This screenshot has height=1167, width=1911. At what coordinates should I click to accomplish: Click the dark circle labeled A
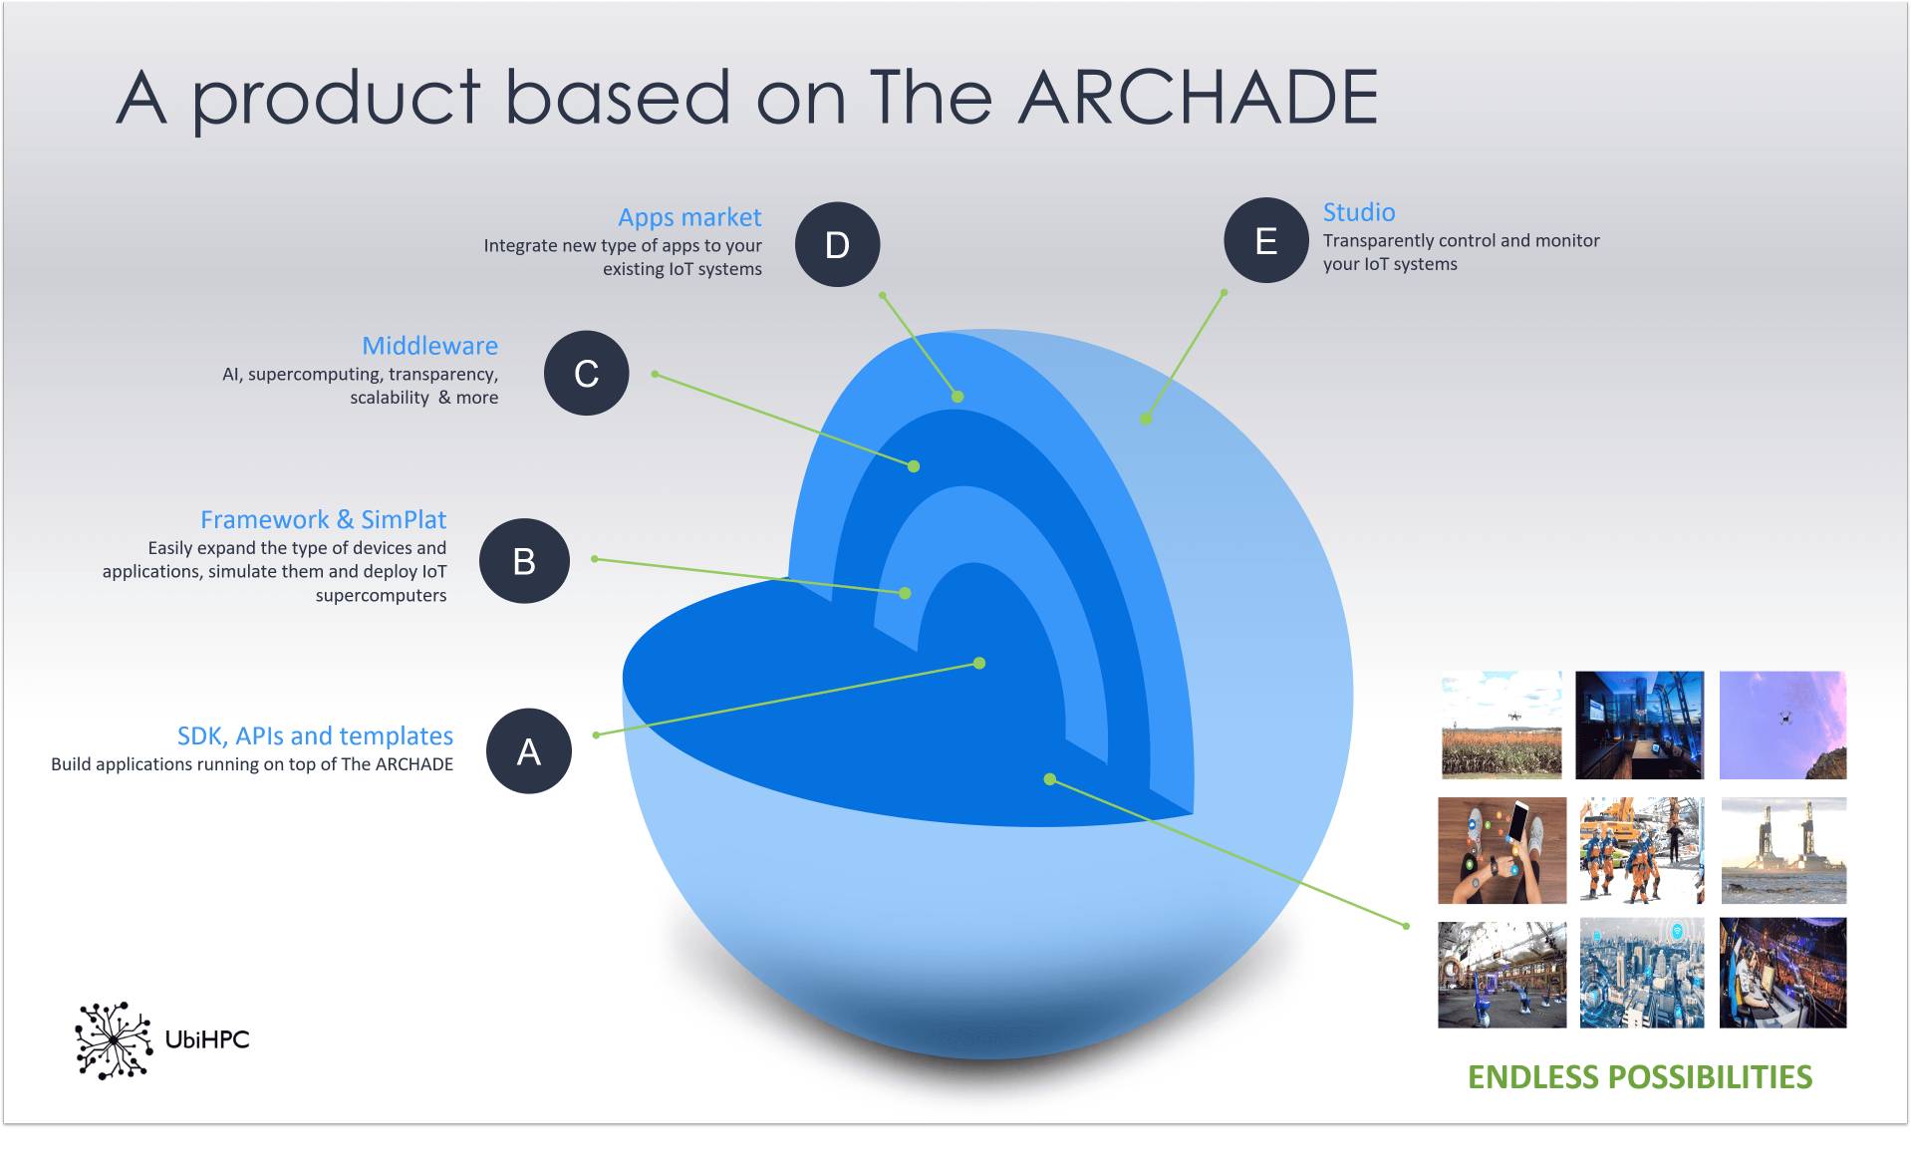coord(528,750)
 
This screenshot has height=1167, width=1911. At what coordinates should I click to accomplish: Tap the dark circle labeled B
coord(524,561)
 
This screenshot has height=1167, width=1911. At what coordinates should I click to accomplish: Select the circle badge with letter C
coord(586,373)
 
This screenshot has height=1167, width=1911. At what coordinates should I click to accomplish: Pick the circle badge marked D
coord(837,244)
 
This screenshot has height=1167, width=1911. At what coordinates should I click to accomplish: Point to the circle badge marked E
coord(1265,240)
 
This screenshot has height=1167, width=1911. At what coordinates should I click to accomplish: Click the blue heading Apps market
coord(689,217)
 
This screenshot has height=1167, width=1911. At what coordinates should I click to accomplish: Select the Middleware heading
coord(429,346)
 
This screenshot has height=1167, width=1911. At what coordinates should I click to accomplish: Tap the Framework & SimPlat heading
coord(323,519)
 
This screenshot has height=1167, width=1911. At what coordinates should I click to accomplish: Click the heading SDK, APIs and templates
coord(315,735)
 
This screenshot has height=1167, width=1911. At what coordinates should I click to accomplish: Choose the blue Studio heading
coord(1359,212)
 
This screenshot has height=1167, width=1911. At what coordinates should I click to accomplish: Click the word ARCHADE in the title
coord(1198,97)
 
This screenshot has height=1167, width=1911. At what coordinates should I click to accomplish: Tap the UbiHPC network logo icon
coord(113,1040)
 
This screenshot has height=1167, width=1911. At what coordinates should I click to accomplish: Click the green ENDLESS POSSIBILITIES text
coord(1640,1077)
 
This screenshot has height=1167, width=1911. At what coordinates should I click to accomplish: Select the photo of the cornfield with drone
coord(1501,725)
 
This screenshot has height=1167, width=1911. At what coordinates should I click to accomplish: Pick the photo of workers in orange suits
coord(1642,850)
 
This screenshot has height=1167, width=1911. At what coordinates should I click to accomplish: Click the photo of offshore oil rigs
coord(1783,850)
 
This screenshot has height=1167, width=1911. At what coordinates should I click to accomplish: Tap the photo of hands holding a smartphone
coord(1501,850)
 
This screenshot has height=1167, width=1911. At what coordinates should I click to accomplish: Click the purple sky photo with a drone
coord(1783,725)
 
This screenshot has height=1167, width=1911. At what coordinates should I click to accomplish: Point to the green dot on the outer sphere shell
coord(1146,420)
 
